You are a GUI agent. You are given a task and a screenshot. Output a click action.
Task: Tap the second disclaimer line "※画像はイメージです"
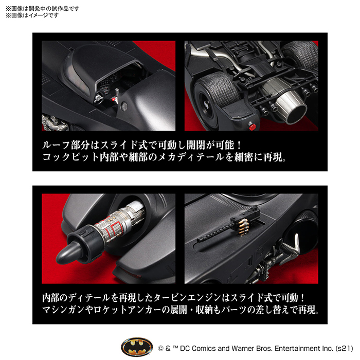tap(31, 15)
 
